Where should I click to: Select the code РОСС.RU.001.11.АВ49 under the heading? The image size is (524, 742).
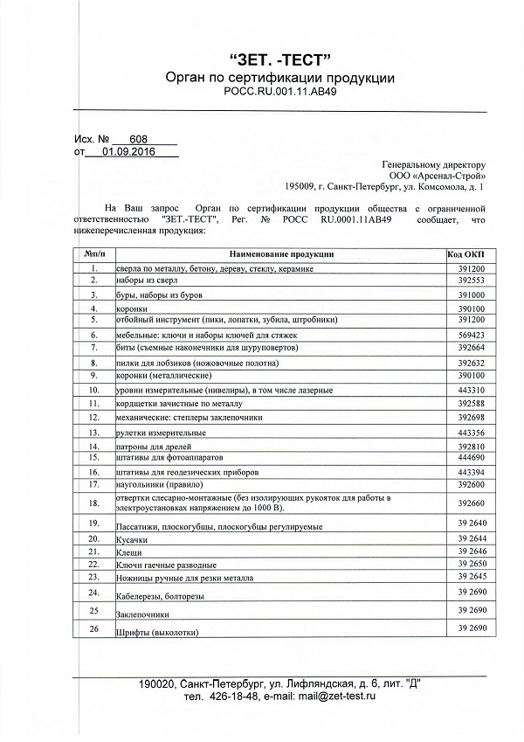(x=279, y=92)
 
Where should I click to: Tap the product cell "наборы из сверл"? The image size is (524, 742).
(x=149, y=282)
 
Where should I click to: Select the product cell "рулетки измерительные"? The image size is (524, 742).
(x=161, y=433)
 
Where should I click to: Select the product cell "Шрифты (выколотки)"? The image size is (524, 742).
(x=157, y=632)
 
